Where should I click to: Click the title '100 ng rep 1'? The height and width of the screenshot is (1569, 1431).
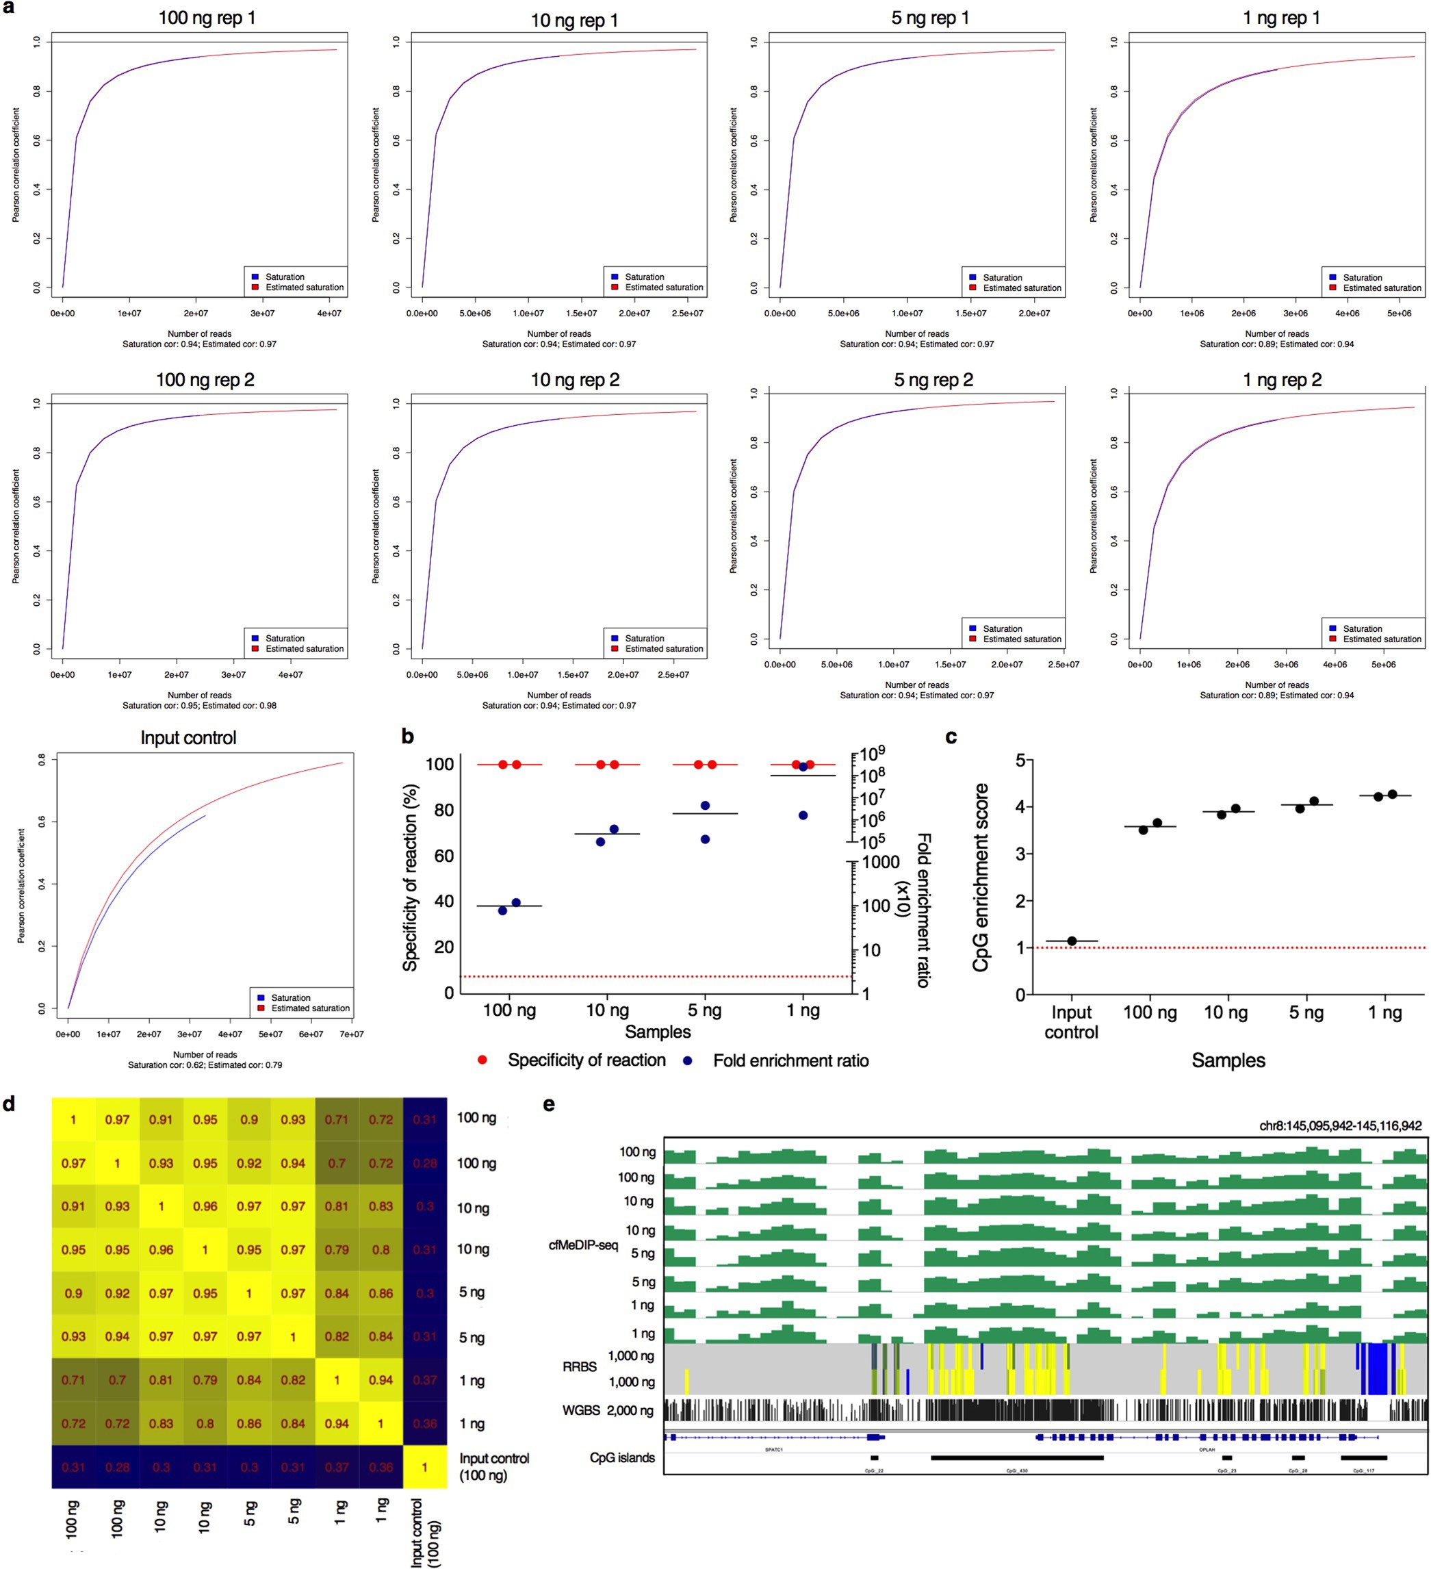click(x=206, y=18)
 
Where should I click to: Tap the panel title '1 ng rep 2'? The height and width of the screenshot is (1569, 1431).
click(x=1282, y=380)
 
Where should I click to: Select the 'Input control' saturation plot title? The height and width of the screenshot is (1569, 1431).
click(x=188, y=738)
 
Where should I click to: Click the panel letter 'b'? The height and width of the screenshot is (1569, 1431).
click(x=407, y=737)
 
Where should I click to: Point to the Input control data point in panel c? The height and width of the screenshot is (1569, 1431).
click(x=1072, y=941)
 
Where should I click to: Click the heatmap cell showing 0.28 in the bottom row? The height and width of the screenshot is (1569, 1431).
click(x=118, y=1467)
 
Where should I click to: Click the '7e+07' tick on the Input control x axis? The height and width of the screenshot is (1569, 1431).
click(x=351, y=1034)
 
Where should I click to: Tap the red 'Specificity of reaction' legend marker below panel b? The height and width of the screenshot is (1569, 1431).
click(x=482, y=1060)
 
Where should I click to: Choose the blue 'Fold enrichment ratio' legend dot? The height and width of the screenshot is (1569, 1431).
click(x=687, y=1061)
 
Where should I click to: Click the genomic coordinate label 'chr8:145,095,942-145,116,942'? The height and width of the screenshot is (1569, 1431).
click(x=1340, y=1126)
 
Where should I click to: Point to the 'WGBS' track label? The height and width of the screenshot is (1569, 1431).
click(x=580, y=1410)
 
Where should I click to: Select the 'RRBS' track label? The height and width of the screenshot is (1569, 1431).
click(x=580, y=1366)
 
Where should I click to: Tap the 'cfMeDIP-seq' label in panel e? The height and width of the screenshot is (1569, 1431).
click(x=583, y=1245)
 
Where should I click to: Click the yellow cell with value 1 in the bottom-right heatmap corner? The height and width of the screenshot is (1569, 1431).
click(x=425, y=1467)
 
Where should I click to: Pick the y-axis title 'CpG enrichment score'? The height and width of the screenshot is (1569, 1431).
click(x=981, y=877)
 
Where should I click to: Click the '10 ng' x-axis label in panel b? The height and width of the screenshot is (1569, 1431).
click(x=607, y=1010)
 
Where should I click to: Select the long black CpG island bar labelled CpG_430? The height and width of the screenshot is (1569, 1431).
click(x=1016, y=1457)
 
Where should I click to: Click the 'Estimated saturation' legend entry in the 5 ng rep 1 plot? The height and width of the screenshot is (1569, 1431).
click(x=1021, y=288)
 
